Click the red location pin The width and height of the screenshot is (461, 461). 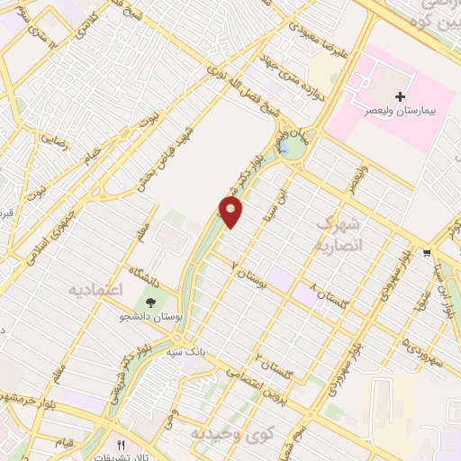pyautogui.click(x=232, y=212)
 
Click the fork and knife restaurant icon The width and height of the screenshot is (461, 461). pyautogui.click(x=121, y=445)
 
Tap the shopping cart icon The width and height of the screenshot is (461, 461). pyautogui.click(x=426, y=253)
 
